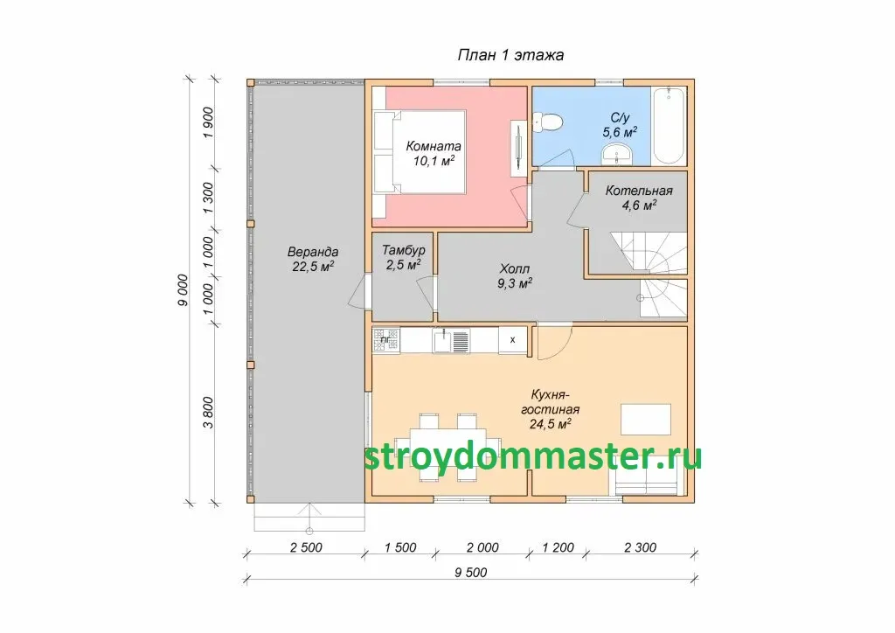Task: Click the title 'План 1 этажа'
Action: pos(510,55)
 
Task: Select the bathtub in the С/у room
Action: pos(669,126)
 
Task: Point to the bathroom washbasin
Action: pos(616,154)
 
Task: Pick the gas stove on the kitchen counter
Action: pos(386,340)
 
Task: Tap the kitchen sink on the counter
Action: pos(450,341)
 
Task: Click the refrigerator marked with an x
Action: pos(512,340)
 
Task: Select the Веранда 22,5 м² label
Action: pos(313,259)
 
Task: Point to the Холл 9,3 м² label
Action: pos(515,276)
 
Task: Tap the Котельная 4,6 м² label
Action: pos(639,198)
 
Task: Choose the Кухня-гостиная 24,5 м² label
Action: pos(551,409)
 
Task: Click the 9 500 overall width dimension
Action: pos(471,573)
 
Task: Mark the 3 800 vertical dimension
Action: pos(208,413)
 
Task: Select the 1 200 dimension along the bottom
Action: pos(558,548)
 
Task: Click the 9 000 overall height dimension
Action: pos(183,290)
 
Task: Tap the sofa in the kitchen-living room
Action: pos(649,483)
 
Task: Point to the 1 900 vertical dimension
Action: pos(208,122)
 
